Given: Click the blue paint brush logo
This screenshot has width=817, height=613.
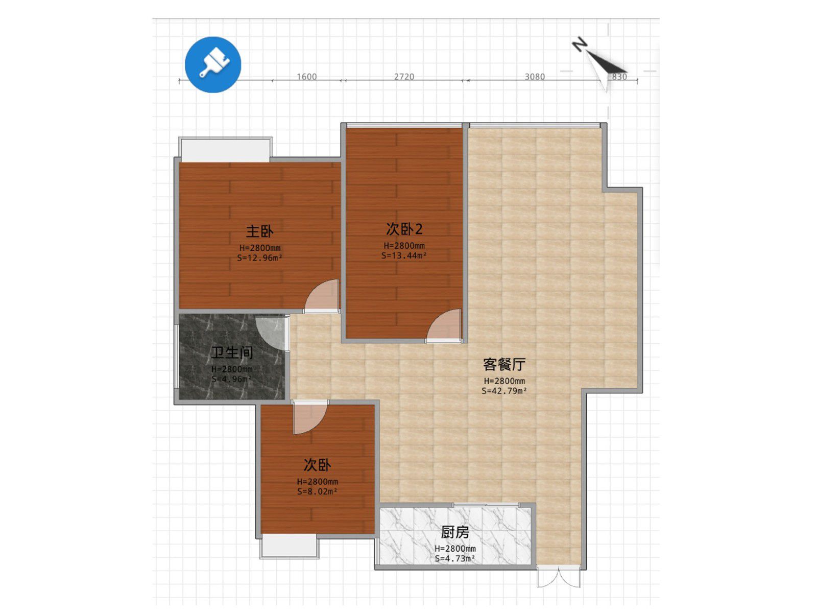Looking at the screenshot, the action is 212,64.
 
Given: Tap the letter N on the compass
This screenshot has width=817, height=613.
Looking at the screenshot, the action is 579,44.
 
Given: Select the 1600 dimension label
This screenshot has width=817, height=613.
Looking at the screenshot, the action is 306,77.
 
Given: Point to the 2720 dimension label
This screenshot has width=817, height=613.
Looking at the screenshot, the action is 404,77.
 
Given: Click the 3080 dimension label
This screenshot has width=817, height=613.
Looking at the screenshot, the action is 535,77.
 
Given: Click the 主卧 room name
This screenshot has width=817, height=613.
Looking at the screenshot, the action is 259,231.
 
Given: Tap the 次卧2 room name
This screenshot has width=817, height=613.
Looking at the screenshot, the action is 404,229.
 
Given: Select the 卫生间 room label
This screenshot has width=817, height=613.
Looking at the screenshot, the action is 232,352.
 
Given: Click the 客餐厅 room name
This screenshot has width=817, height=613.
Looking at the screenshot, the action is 504,364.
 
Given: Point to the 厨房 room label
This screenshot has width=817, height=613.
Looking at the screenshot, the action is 455,532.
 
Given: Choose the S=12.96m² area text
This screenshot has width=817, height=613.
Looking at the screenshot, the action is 259,257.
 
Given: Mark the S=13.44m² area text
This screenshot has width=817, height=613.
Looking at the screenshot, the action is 404,255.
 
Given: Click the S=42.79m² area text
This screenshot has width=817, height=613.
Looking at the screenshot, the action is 504,391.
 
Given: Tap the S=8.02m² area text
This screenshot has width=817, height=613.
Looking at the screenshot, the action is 317,491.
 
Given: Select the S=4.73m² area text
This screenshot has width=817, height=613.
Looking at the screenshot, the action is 455,558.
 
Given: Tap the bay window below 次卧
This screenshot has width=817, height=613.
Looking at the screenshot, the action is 289,546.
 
